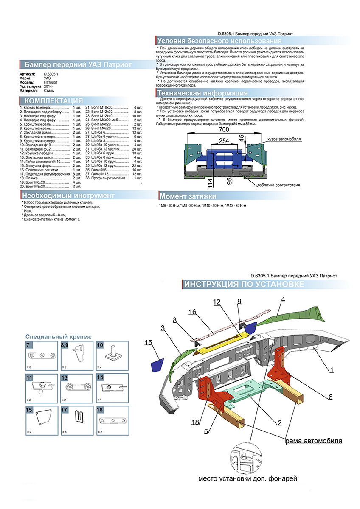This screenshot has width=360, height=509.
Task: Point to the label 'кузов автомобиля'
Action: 284,139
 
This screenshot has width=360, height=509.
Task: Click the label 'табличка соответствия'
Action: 278,185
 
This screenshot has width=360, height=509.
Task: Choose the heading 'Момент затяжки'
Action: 188,196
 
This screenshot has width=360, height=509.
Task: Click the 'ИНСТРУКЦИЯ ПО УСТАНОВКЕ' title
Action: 244,284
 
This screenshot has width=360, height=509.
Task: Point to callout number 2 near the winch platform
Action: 280,422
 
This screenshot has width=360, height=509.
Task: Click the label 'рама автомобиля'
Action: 313,440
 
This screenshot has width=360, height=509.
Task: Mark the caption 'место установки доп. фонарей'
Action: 247,478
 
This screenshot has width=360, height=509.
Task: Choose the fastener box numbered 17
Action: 77,420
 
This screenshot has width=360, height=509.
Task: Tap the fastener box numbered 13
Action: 77,388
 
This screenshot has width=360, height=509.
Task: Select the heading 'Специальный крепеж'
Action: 58,336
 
